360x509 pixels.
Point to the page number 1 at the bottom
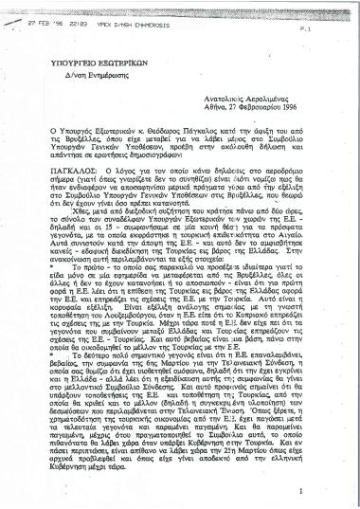click(x=325, y=491)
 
